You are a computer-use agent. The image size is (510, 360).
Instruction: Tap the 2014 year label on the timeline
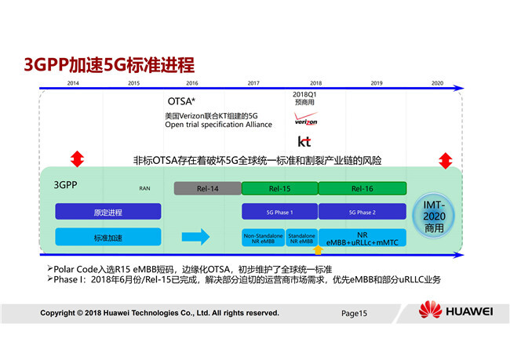tap(73, 83)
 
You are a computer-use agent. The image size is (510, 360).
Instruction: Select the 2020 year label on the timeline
tap(437, 83)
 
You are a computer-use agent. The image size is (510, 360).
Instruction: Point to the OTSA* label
tap(181, 101)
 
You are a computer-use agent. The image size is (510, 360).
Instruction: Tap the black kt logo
tap(304, 142)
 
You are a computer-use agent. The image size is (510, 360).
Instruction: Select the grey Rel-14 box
tap(206, 188)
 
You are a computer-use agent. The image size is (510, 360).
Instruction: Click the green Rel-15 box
tap(279, 188)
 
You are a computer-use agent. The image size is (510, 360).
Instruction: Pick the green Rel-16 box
tap(362, 188)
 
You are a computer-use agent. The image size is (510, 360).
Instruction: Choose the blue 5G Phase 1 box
tap(279, 212)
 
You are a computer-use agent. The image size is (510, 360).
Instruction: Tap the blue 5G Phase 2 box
tap(362, 212)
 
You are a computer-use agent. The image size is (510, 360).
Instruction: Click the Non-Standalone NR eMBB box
tap(263, 238)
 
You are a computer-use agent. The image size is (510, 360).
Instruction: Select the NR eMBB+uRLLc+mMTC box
tap(362, 238)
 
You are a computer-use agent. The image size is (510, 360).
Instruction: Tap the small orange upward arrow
tap(317, 250)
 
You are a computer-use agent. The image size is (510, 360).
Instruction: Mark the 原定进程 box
tap(107, 212)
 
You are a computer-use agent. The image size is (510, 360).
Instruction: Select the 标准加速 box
tap(107, 237)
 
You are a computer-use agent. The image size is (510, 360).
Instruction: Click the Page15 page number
tap(354, 313)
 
